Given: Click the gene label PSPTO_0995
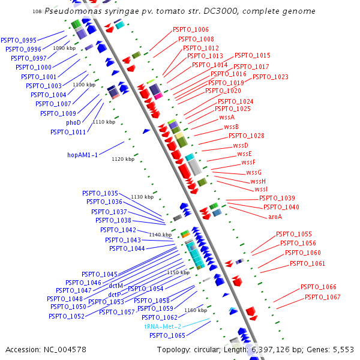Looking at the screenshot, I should click(x=19, y=40).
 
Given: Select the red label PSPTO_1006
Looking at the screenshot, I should click(x=191, y=29).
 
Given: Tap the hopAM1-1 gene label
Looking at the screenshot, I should click(x=82, y=155).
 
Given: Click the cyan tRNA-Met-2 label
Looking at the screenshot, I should click(x=163, y=326).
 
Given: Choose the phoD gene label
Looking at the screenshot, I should click(x=73, y=122).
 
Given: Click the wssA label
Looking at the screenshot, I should click(x=227, y=118).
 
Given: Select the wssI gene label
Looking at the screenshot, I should click(x=261, y=190).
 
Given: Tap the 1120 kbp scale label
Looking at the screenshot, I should click(x=123, y=159).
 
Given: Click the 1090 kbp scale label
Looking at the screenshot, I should click(x=64, y=48).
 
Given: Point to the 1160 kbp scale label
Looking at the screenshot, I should click(x=196, y=310).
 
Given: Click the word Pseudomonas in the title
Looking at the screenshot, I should click(x=70, y=11).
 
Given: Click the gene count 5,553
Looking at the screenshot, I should click(x=343, y=349).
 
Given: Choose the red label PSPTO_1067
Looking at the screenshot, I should click(x=322, y=297).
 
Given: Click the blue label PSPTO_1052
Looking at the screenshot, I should click(x=67, y=316).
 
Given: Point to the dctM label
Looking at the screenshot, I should click(x=116, y=286).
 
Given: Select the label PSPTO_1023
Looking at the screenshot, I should click(x=270, y=77).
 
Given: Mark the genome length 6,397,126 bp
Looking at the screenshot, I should click(x=272, y=349).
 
